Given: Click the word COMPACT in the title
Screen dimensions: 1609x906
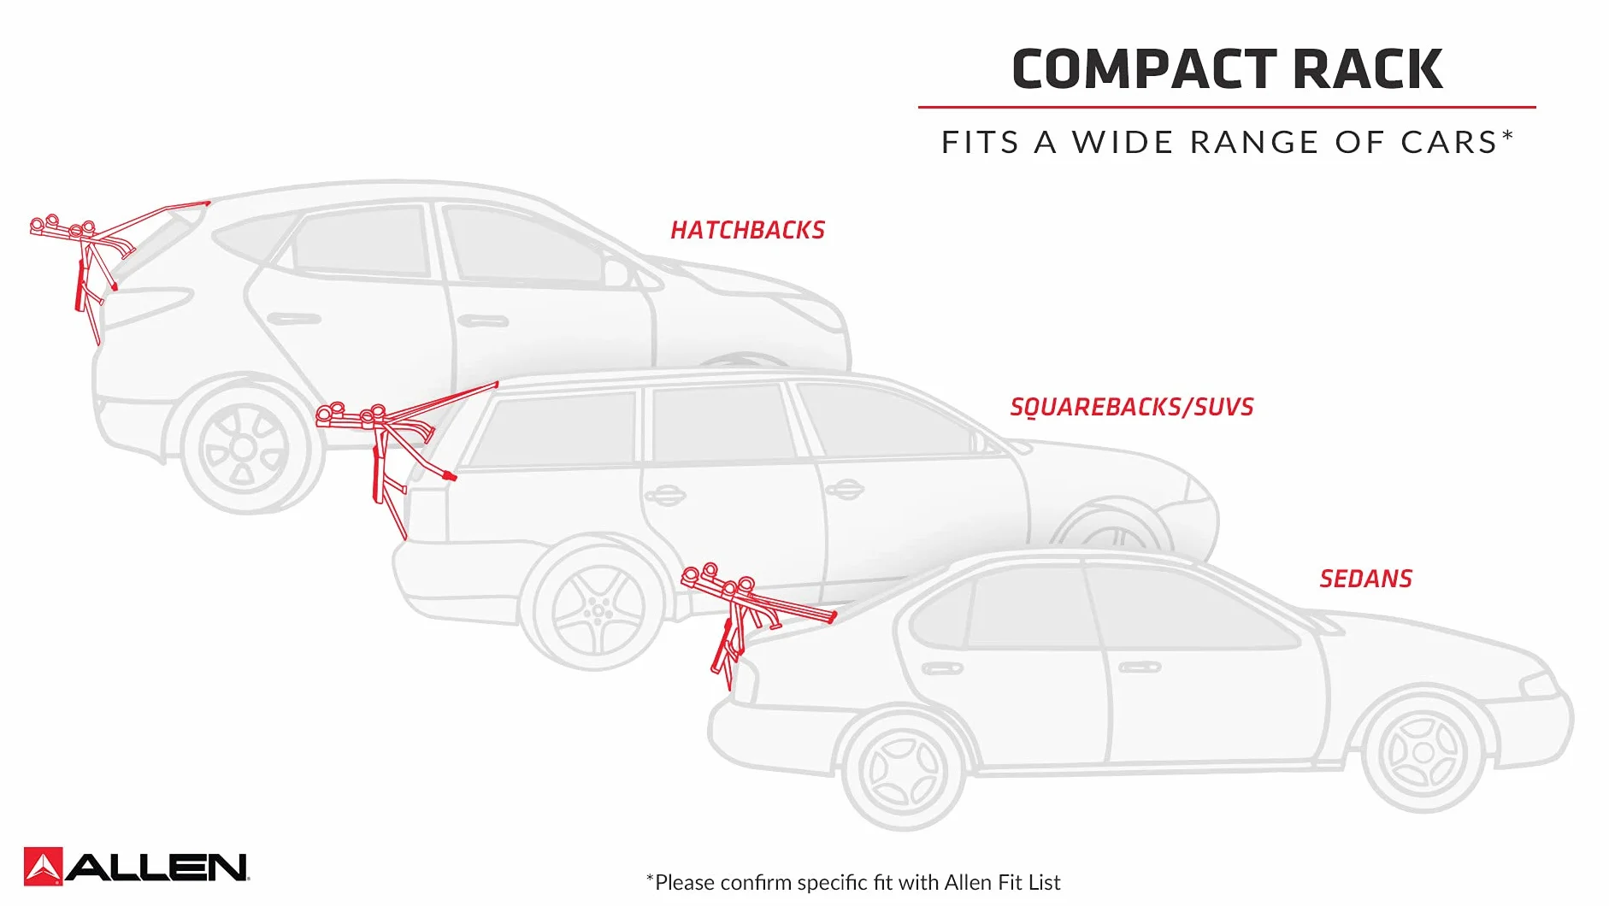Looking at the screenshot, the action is pyautogui.click(x=1144, y=69).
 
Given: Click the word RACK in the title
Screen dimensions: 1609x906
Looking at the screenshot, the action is pyautogui.click(x=1368, y=69).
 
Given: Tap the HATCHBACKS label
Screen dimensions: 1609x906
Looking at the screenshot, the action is pyautogui.click(x=747, y=230).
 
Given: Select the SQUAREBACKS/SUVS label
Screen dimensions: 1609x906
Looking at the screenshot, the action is pyautogui.click(x=1132, y=407).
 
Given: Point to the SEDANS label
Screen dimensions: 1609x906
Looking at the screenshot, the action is pyautogui.click(x=1365, y=579).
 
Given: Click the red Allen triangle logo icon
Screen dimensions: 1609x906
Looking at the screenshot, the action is pyautogui.click(x=43, y=866).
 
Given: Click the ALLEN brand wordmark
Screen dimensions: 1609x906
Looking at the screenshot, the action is pyautogui.click(x=156, y=868).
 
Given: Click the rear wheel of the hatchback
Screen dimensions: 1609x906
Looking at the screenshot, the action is pyautogui.click(x=244, y=447).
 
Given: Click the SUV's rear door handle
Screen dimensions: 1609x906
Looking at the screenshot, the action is pyautogui.click(x=665, y=496).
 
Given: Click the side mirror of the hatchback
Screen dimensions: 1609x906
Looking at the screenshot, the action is pyautogui.click(x=617, y=272).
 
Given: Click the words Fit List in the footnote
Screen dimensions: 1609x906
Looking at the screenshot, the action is pyautogui.click(x=1031, y=882).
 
